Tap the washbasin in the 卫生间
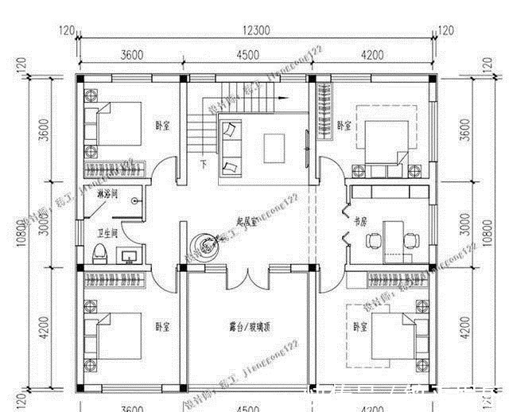tap(130, 255)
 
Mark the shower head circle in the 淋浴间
tap(138, 201)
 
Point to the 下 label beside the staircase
tap(204, 165)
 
